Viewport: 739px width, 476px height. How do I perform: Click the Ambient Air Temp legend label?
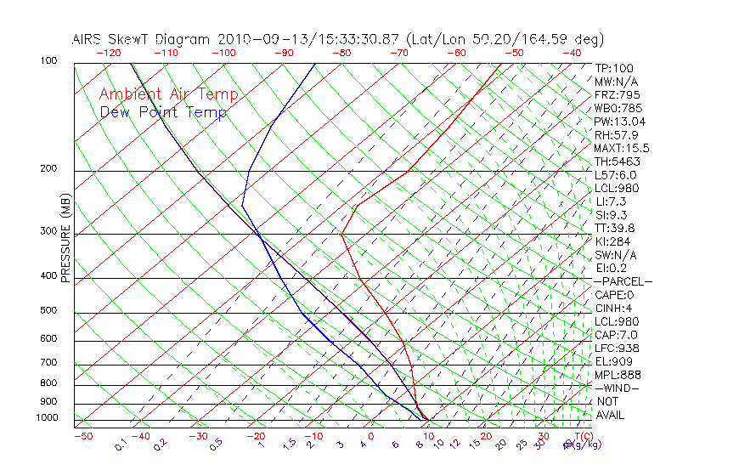[168, 94]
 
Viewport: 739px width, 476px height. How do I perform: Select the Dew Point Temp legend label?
[163, 112]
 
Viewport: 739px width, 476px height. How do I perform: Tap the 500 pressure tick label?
[48, 310]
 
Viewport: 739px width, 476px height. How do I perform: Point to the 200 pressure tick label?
[48, 168]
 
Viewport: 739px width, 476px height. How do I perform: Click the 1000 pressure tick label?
[46, 417]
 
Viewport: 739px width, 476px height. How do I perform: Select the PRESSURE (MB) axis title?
[66, 238]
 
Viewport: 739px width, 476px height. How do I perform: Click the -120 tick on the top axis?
[108, 53]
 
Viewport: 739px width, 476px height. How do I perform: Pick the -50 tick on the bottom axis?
[82, 436]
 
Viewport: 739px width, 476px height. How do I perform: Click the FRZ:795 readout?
[618, 94]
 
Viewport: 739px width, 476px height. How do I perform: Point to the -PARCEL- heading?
[623, 281]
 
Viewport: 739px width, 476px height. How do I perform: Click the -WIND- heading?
[617, 388]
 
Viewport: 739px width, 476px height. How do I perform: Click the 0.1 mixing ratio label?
[120, 445]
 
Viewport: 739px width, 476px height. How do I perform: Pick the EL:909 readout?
[615, 361]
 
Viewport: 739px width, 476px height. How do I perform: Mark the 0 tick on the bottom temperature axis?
[371, 436]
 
